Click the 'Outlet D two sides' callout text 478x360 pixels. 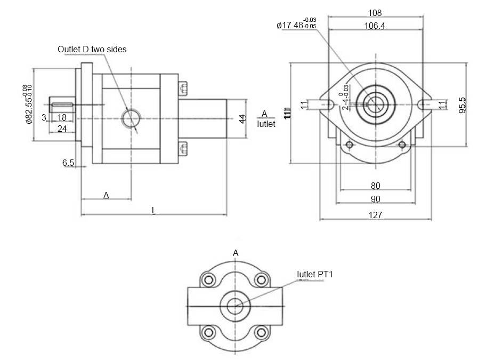[92, 50]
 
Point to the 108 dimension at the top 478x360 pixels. [375, 13]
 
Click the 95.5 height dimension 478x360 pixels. [463, 105]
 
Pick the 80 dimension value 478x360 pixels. [375, 186]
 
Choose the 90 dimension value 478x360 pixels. [375, 199]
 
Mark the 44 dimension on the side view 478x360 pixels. [241, 118]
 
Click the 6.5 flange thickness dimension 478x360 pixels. [68, 163]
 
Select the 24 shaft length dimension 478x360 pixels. [62, 129]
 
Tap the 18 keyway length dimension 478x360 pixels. [62, 117]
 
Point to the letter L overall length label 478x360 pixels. [154, 211]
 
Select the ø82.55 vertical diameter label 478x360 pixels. [28, 105]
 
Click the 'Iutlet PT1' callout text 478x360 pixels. [314, 274]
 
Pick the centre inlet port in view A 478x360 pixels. [234, 306]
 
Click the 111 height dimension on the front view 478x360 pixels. [288, 113]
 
